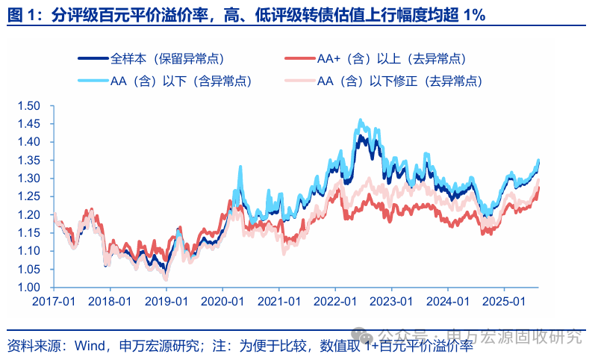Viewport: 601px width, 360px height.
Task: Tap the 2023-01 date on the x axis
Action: click(390, 301)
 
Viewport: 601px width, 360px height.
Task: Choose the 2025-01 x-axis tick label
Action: click(504, 301)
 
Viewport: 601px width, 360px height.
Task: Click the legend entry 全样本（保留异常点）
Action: click(167, 58)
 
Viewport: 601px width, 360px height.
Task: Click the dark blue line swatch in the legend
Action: click(93, 58)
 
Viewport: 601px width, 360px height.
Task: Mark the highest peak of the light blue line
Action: click(361, 120)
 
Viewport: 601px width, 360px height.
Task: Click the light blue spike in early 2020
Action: click(240, 167)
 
